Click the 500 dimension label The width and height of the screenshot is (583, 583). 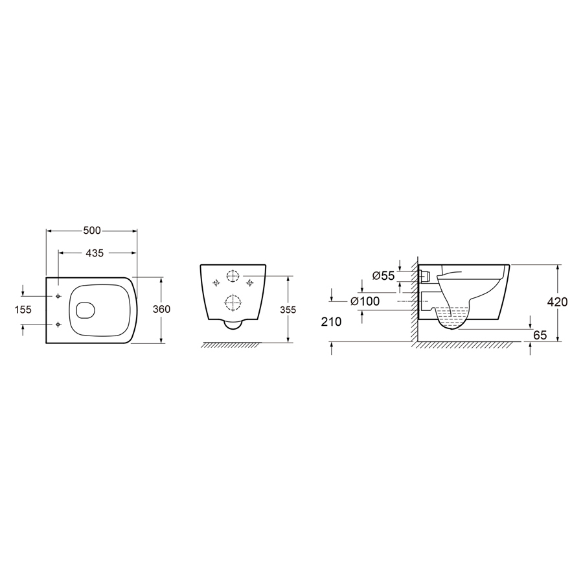(x=92, y=231)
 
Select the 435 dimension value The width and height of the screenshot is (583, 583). (x=95, y=253)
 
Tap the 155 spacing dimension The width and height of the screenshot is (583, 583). (x=23, y=310)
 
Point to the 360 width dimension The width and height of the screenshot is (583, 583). (x=161, y=309)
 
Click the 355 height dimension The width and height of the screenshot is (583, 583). (x=288, y=310)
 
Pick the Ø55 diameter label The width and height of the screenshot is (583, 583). (x=383, y=275)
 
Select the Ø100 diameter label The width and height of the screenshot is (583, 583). (x=365, y=301)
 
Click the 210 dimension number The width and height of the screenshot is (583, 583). (x=331, y=321)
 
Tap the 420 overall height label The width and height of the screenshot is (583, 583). (x=557, y=302)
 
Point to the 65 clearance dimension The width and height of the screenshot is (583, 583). (x=540, y=335)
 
